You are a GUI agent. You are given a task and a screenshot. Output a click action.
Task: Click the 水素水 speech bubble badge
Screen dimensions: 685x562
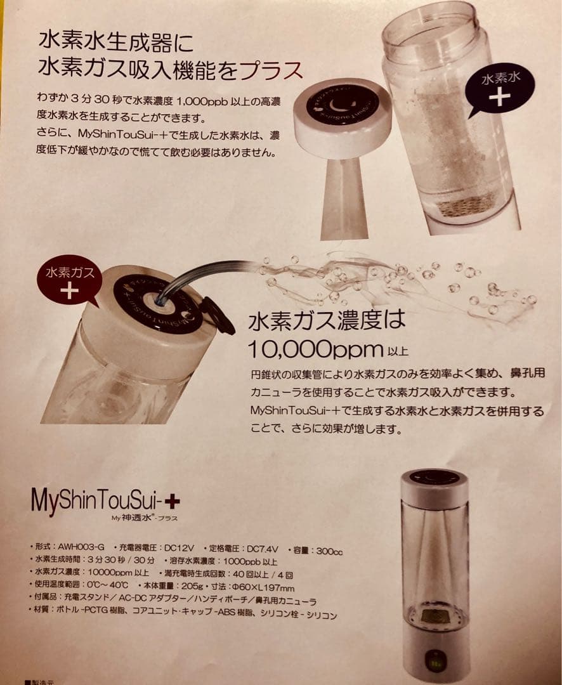click(499, 88)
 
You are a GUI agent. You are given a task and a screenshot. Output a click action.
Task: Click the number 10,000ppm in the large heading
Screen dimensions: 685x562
click(315, 349)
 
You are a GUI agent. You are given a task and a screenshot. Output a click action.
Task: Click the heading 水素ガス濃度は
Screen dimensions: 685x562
click(327, 320)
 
